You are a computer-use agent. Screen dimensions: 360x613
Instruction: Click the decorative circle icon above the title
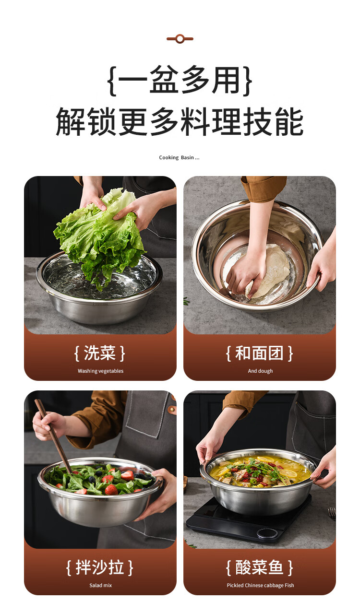[x=180, y=39]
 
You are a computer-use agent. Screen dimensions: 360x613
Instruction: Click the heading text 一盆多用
[x=180, y=80]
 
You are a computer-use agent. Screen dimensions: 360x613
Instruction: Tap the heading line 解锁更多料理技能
[x=180, y=121]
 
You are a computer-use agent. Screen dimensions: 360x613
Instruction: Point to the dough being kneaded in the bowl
[x=270, y=271]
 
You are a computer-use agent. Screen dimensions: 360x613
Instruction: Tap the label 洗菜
[x=100, y=353]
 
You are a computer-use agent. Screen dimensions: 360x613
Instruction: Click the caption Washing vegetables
[x=100, y=371]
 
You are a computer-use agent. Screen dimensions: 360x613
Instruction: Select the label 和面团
[x=259, y=353]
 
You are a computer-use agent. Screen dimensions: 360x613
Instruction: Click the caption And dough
[x=260, y=371]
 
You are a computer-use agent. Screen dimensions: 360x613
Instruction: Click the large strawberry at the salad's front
[x=111, y=490]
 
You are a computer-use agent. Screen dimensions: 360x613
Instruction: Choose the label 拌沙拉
[x=100, y=567]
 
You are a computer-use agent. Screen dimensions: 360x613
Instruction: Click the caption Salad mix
[x=100, y=585]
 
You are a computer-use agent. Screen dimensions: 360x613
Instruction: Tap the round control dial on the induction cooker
[x=267, y=533]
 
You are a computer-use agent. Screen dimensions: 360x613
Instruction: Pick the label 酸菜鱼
[x=259, y=567]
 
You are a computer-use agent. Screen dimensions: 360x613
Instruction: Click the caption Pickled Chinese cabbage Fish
[x=260, y=585]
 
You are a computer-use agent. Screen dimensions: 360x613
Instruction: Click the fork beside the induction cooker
[x=332, y=513]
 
